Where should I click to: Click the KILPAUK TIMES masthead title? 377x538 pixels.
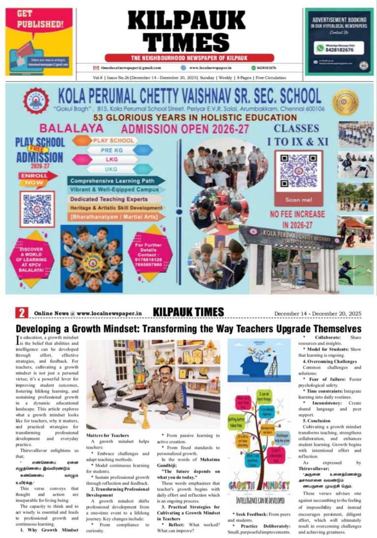[188, 30]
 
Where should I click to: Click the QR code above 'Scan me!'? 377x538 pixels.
[298, 171]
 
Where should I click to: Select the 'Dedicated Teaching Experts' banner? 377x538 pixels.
[109, 199]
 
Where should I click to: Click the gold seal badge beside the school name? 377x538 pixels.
[345, 102]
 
